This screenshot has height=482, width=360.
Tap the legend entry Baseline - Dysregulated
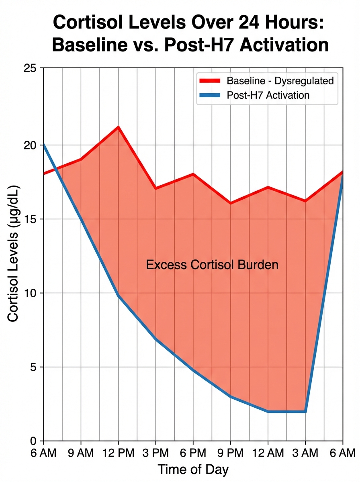(x=280, y=80)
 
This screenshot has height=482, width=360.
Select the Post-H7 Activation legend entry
(x=268, y=95)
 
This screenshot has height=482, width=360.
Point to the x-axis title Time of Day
(x=193, y=469)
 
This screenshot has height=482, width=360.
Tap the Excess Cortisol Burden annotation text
(x=212, y=265)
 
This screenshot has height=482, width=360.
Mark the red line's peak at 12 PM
(x=119, y=127)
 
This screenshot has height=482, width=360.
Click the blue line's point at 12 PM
(x=119, y=296)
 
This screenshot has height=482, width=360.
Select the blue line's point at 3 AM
(x=305, y=412)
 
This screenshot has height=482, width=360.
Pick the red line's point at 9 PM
(x=231, y=203)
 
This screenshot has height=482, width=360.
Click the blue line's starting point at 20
(x=43, y=144)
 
